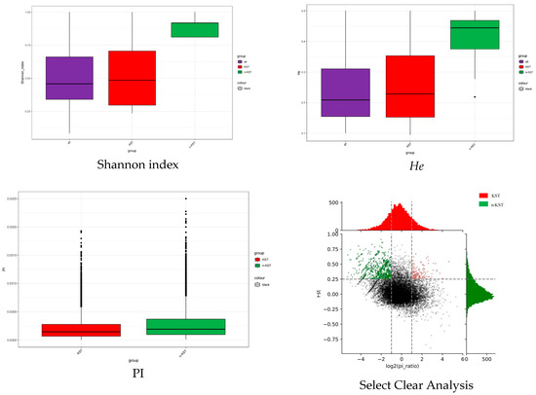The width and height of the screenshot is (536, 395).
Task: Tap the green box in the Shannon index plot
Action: coord(194,29)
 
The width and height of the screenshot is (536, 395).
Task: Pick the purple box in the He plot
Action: coord(346,92)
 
